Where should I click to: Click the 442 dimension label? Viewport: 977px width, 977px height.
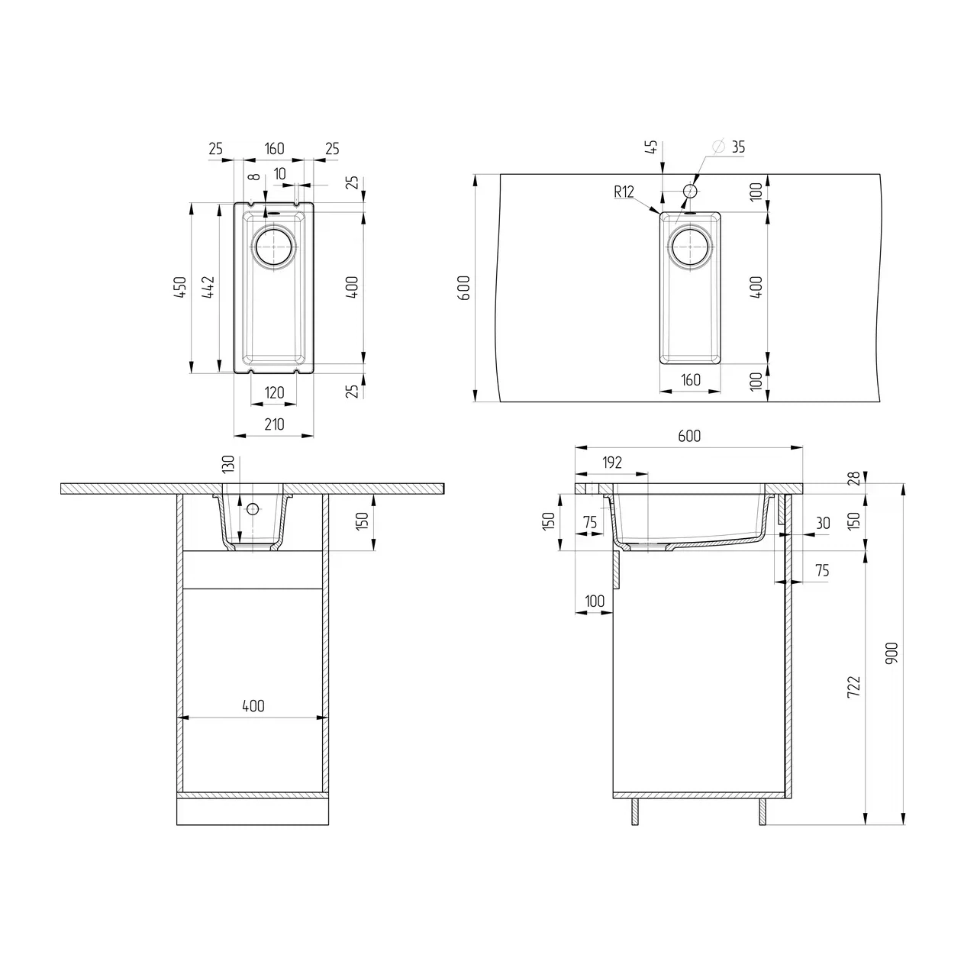pyautogui.click(x=208, y=287)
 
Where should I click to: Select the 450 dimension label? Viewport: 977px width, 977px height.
pyautogui.click(x=180, y=287)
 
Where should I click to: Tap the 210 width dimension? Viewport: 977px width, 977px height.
pyautogui.click(x=274, y=424)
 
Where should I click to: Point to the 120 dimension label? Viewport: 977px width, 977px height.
pyautogui.click(x=274, y=392)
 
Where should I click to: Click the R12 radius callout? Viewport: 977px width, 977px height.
pyautogui.click(x=624, y=192)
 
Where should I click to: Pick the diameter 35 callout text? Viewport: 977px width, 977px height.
pyautogui.click(x=729, y=147)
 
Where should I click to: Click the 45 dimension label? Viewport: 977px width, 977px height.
pyautogui.click(x=653, y=147)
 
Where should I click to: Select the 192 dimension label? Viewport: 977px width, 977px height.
pyautogui.click(x=612, y=463)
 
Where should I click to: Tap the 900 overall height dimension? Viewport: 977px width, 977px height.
pyautogui.click(x=893, y=653)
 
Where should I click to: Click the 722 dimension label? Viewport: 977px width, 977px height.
pyautogui.click(x=854, y=687)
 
